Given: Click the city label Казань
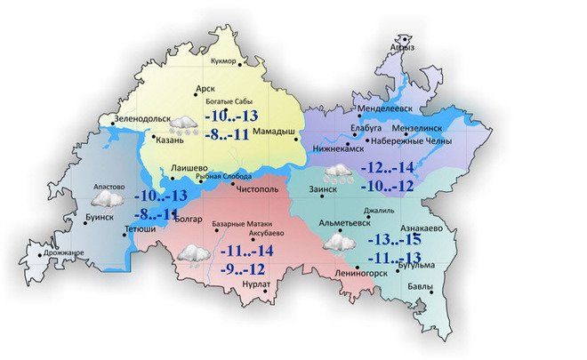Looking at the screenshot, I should (169, 140).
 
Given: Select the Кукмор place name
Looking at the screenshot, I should (225, 60).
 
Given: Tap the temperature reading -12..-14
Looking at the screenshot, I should (389, 168).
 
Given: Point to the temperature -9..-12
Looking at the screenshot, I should (243, 268).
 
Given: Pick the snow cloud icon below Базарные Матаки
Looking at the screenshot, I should (193, 256).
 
